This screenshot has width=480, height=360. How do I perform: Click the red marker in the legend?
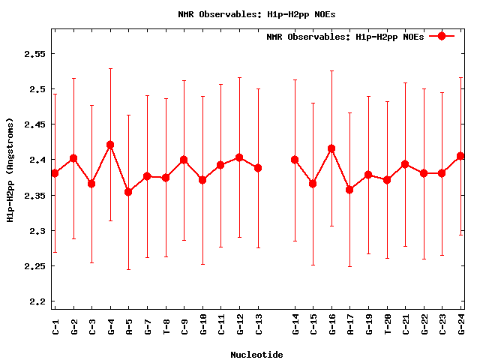(x=442, y=36)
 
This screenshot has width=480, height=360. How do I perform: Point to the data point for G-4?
(x=110, y=145)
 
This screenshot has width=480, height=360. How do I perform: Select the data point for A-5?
(x=129, y=192)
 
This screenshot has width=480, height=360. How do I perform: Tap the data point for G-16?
(x=331, y=148)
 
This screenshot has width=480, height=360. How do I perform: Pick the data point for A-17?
(x=350, y=190)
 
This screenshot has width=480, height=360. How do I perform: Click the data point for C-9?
(x=184, y=160)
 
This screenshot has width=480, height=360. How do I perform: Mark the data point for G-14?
(x=295, y=160)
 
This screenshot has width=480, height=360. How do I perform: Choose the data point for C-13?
(x=258, y=168)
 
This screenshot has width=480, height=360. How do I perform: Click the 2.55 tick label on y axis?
(x=35, y=54)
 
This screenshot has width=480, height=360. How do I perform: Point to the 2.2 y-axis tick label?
(x=37, y=301)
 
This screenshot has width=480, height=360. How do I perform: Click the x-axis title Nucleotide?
(x=256, y=355)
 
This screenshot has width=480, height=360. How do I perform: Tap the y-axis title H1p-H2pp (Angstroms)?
(x=10, y=169)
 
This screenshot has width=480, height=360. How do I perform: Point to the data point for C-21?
(x=406, y=164)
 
